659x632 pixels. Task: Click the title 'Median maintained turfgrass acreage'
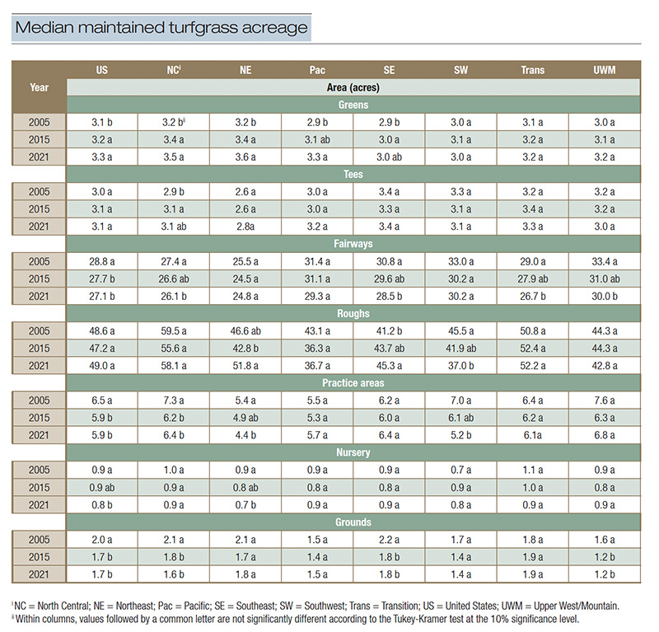pyautogui.click(x=161, y=28)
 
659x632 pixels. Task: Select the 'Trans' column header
pyautogui.click(x=532, y=70)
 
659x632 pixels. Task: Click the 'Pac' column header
pyautogui.click(x=316, y=70)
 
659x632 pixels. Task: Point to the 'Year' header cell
pyautogui.click(x=39, y=86)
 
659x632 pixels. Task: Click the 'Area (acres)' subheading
pyautogui.click(x=353, y=87)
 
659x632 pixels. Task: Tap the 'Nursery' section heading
pyautogui.click(x=353, y=452)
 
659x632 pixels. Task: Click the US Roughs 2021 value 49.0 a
pyautogui.click(x=102, y=365)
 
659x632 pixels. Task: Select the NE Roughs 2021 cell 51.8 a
pyautogui.click(x=245, y=365)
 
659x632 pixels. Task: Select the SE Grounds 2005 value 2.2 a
pyautogui.click(x=389, y=539)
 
